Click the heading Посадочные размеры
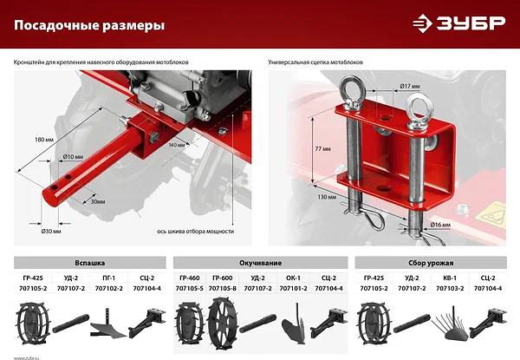[89, 26]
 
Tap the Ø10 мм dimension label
[74, 156]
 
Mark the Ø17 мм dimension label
[410, 86]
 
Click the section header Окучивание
[260, 261]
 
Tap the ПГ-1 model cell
[108, 275]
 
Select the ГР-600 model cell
[223, 275]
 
